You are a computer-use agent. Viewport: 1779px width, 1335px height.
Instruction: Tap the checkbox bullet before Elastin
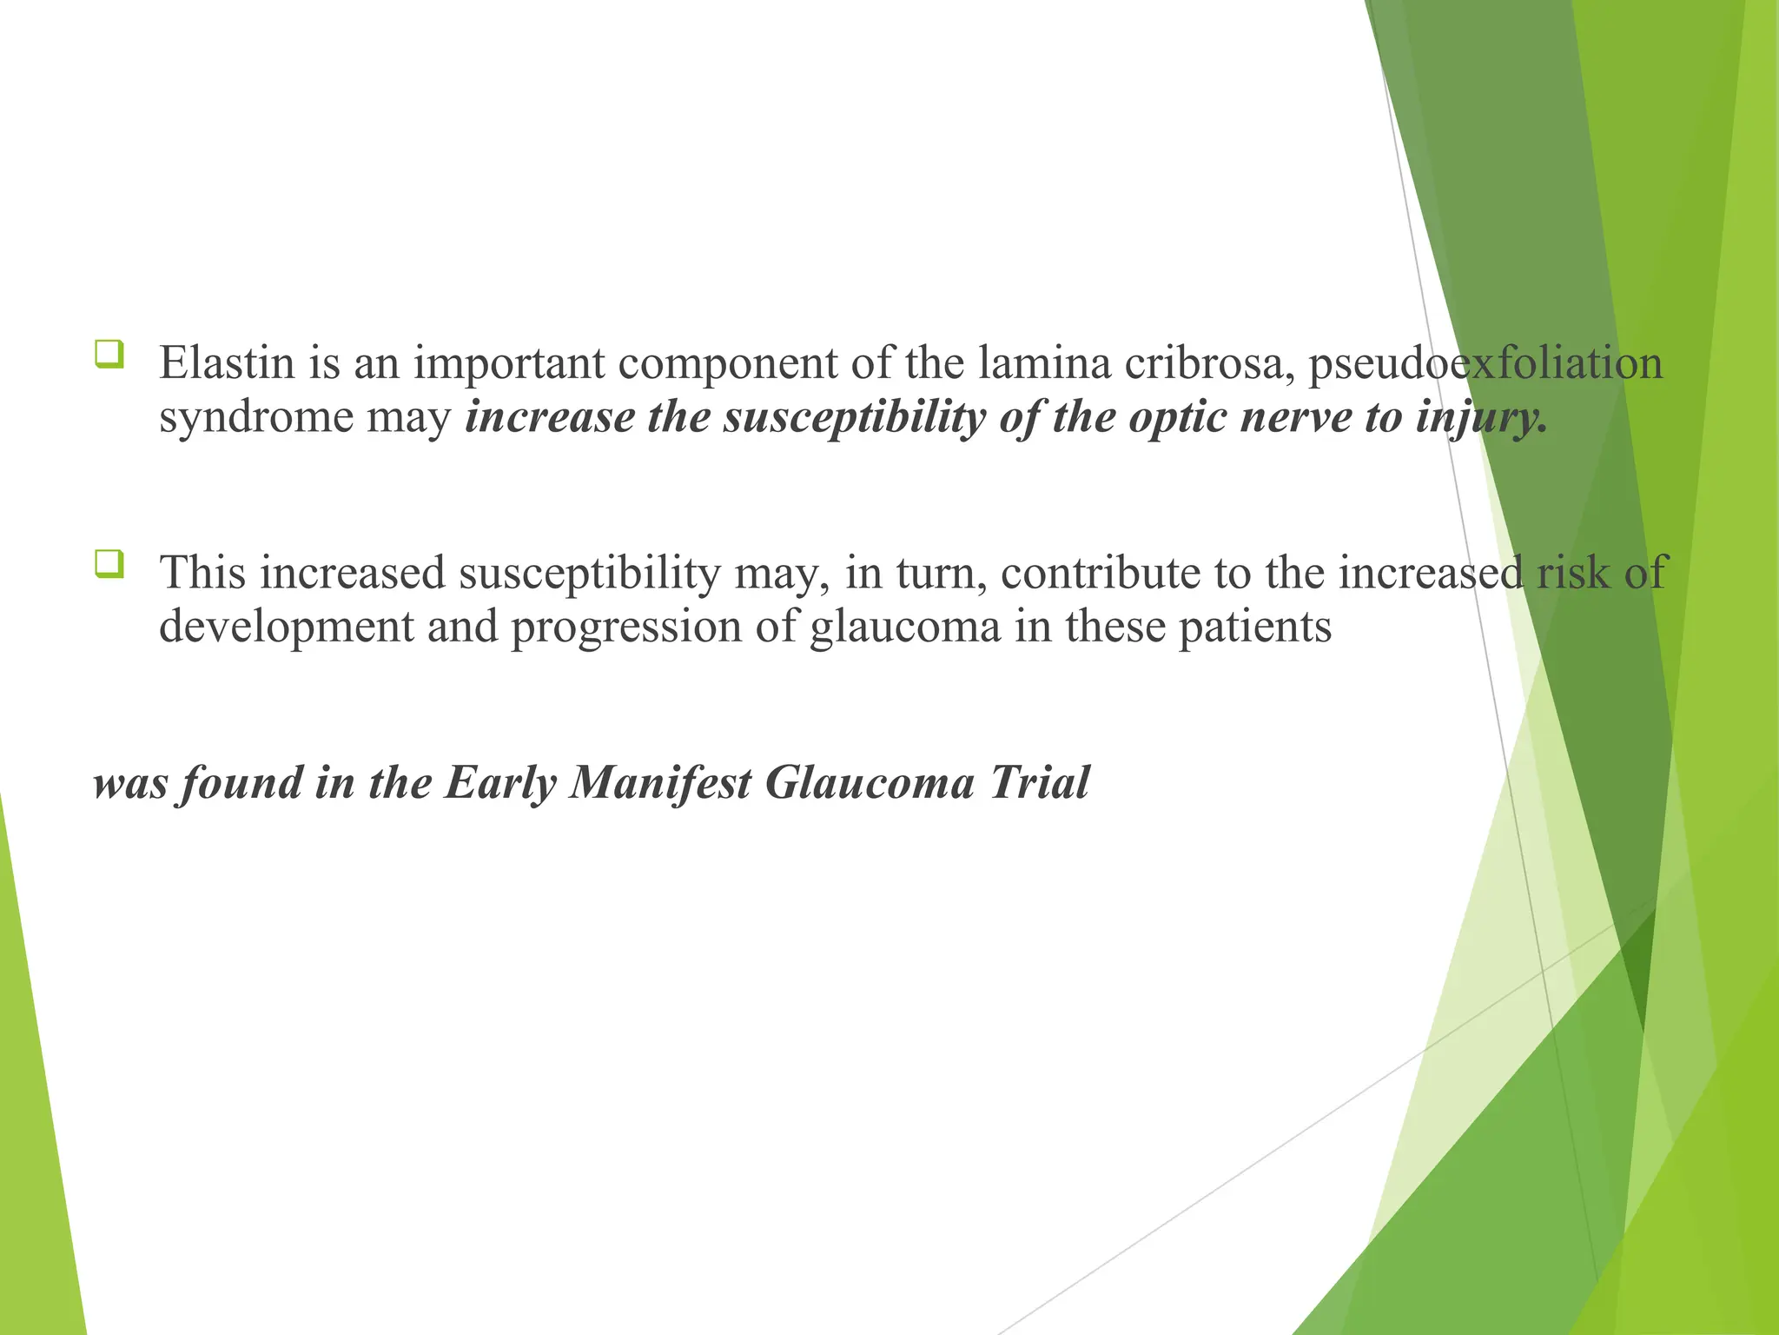click(x=109, y=354)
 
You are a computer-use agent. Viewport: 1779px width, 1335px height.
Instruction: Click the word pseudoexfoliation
click(x=1485, y=364)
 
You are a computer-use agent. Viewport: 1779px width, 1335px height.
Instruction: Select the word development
click(x=286, y=628)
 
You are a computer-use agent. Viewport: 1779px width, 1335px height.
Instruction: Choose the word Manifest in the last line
click(x=660, y=783)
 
